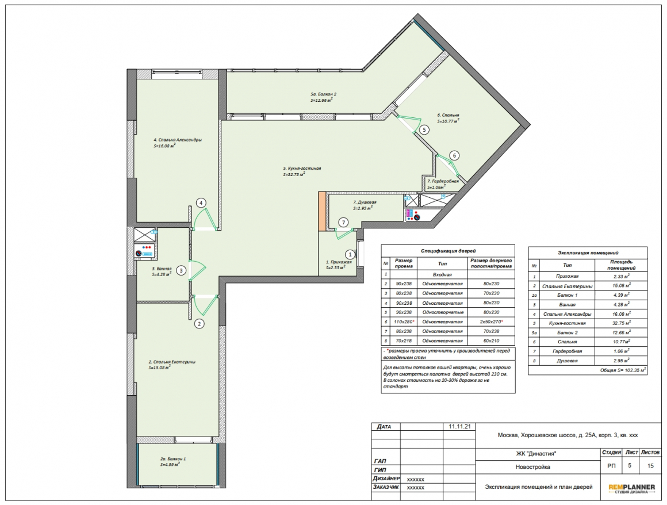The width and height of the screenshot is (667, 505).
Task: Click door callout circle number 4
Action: point(201,203)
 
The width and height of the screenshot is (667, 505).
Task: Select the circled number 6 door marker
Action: point(454,156)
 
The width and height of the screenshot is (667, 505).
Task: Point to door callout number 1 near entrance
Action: point(350,255)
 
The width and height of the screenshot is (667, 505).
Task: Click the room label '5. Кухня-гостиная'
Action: point(302,169)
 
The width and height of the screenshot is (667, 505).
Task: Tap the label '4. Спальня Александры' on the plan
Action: point(177,140)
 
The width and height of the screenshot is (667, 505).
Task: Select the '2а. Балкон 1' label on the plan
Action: point(173,459)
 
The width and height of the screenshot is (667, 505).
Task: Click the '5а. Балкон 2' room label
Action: point(323,94)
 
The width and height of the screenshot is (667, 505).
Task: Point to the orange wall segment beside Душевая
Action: point(322,212)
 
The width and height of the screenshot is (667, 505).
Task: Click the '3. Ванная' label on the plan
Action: point(162,269)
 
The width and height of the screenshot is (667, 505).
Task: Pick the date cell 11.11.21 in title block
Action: point(459,427)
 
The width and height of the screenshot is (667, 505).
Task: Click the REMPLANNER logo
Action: point(631,489)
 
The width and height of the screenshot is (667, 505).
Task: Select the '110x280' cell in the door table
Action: point(403,322)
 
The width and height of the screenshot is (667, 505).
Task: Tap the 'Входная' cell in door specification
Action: point(442,275)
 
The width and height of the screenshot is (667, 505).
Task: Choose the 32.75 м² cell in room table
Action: point(621,323)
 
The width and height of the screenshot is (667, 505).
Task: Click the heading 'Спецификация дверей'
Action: point(448,251)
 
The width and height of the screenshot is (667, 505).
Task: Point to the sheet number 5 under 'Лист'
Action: point(630,465)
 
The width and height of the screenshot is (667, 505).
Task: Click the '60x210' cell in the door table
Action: point(491,341)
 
